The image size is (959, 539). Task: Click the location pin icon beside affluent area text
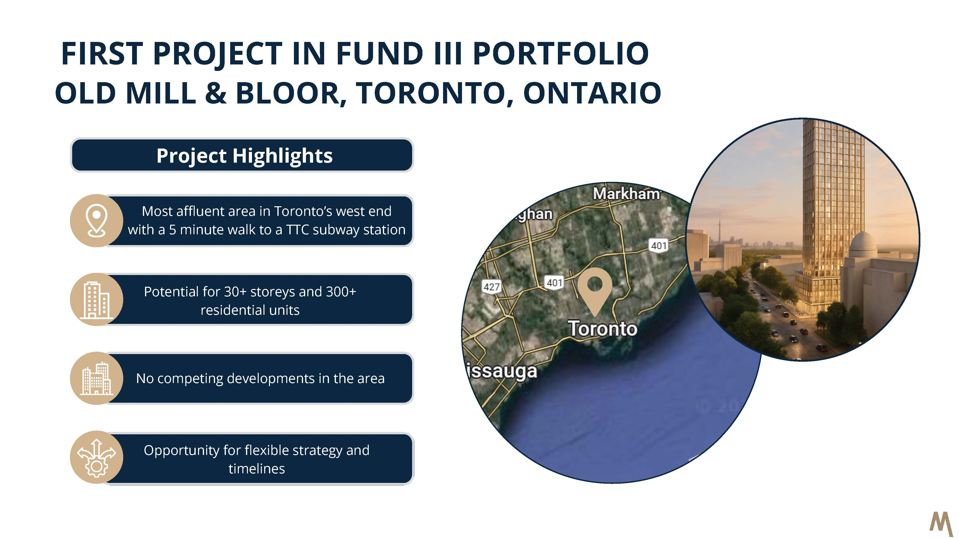point(96,221)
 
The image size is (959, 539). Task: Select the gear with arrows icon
point(96,458)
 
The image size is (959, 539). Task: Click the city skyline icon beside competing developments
point(96,378)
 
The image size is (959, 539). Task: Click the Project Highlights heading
point(244,155)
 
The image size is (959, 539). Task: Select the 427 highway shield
point(491,287)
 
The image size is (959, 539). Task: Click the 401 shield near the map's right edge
point(659,246)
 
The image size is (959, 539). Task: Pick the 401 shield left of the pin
point(554,283)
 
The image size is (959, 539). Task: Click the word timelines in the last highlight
point(257,469)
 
